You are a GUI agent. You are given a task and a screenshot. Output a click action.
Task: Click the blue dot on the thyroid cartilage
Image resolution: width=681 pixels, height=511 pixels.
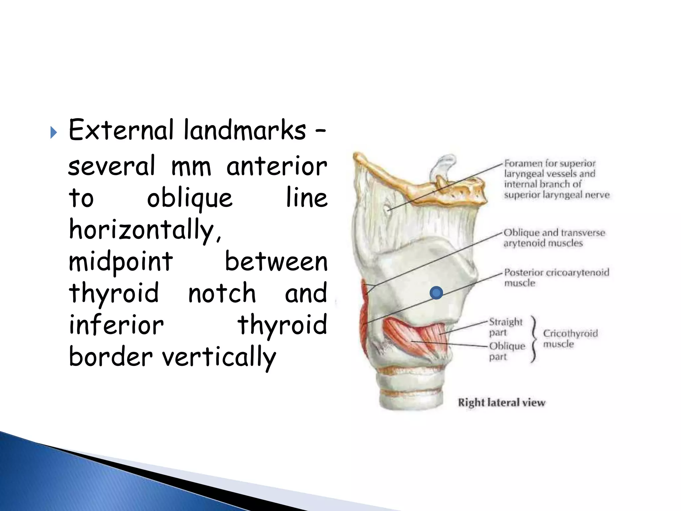[x=436, y=293]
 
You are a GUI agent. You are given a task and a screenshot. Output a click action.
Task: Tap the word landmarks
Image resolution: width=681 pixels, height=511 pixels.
[x=244, y=130]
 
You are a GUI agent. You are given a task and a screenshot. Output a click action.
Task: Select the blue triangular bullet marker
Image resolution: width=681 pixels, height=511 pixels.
[x=54, y=133]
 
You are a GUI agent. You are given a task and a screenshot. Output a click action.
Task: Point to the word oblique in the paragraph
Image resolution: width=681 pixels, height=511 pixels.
[x=190, y=199]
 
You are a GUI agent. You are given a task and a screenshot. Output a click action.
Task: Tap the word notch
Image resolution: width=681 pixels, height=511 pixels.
[x=222, y=293]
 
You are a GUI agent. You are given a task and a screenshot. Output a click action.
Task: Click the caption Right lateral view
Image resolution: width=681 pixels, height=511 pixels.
[x=501, y=403]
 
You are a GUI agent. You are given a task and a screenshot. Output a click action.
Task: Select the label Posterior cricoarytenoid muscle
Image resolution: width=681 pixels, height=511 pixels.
[x=556, y=277]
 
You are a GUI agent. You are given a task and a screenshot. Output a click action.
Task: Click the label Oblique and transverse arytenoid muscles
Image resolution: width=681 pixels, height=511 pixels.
[x=554, y=238]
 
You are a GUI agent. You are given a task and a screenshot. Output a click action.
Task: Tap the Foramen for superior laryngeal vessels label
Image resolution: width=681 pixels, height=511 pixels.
[x=556, y=179]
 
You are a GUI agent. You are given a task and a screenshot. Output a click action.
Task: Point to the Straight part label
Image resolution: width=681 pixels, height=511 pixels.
[x=505, y=327]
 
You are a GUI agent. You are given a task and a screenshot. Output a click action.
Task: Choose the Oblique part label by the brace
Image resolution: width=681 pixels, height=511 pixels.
[x=506, y=351]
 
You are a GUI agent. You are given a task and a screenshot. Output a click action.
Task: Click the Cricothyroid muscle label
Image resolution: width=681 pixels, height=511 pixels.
[x=570, y=338]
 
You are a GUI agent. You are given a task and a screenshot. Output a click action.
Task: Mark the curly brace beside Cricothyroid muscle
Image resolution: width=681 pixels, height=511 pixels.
[x=534, y=338]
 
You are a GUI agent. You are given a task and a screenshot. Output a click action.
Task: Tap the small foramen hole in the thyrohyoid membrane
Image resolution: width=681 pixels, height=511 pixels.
[x=387, y=209]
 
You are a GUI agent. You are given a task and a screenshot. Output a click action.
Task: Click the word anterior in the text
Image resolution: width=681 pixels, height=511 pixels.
[x=277, y=166]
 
